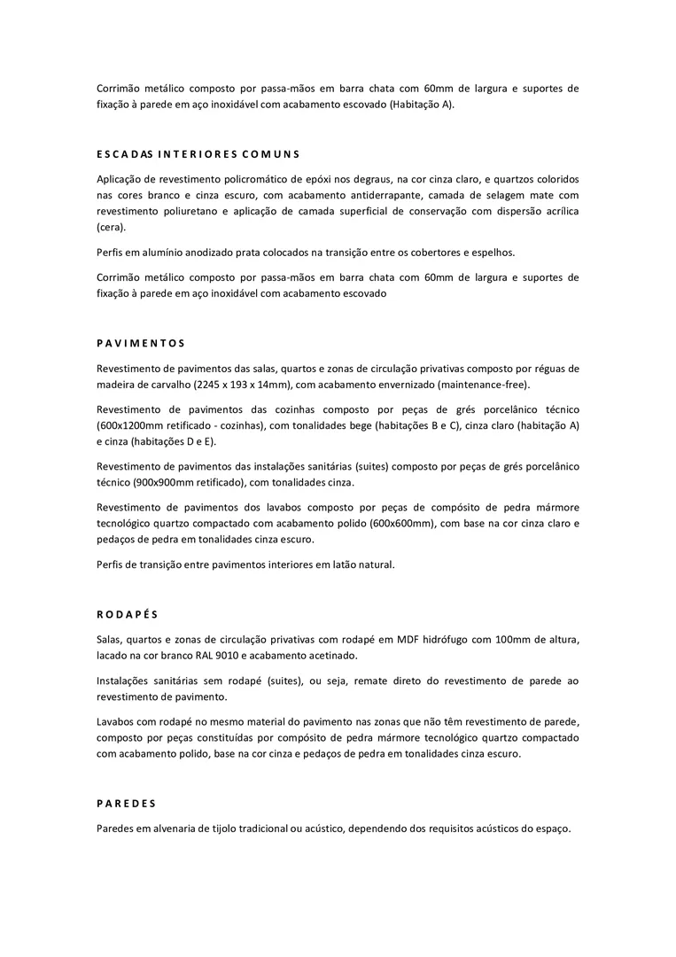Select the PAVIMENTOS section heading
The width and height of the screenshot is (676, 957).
[141, 343]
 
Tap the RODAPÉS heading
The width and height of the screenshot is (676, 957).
[127, 614]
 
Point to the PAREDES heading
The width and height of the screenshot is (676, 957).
[126, 804]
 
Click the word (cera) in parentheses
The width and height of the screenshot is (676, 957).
[112, 227]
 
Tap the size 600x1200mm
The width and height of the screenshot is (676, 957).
[131, 425]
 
